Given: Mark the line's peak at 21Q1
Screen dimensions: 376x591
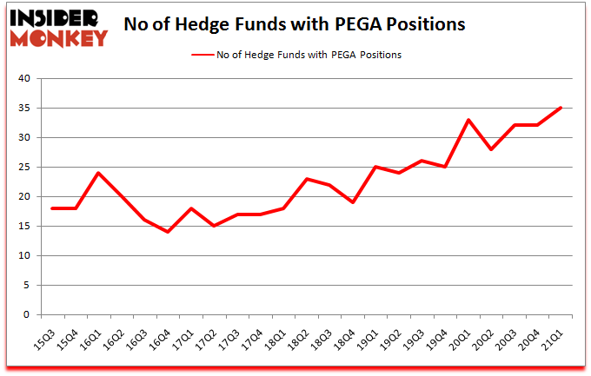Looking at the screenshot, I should pyautogui.click(x=561, y=108).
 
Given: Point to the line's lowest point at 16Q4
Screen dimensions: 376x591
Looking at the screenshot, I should pyautogui.click(x=169, y=232).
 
